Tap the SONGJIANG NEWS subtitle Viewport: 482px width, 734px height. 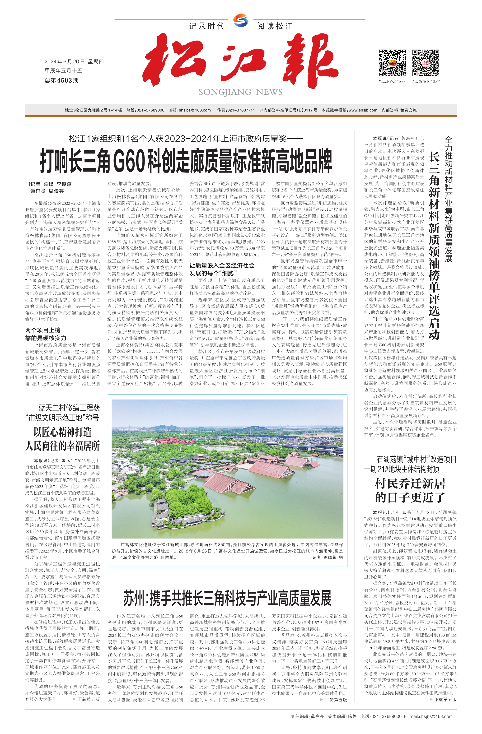(240, 92)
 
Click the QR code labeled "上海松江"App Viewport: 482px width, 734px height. (392, 63)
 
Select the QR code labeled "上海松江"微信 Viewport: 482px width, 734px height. (426, 63)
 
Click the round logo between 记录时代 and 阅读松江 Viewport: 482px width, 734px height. (240, 21)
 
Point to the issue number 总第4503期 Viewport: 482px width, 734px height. (62, 80)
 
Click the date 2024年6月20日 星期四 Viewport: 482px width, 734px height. (74, 62)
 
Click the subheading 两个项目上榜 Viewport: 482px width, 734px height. (43, 330)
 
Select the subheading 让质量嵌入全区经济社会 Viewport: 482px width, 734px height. (222, 265)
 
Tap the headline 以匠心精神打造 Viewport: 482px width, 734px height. (63, 432)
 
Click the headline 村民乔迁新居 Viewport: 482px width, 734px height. (410, 483)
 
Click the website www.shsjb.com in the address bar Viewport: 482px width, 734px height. (363, 110)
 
